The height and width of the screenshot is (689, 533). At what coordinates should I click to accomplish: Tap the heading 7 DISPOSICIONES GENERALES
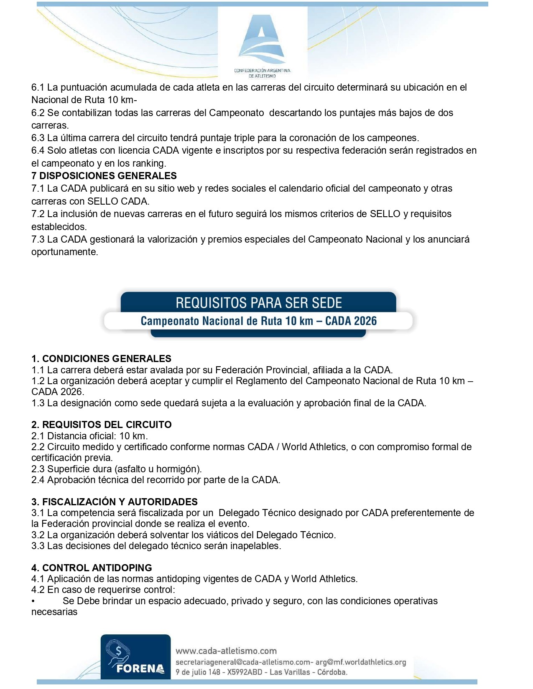(x=104, y=176)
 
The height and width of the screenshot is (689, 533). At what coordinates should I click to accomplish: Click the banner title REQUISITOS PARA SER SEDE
(x=259, y=303)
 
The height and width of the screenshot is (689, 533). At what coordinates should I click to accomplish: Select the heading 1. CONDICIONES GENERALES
(x=101, y=359)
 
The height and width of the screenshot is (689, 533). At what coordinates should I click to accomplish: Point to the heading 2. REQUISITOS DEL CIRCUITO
(x=101, y=425)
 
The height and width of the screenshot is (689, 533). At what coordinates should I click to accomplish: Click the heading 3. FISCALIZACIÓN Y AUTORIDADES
(x=114, y=502)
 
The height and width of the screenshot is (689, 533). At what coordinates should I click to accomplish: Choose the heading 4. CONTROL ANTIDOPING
(x=92, y=568)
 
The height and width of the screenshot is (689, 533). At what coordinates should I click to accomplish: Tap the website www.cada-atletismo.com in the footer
(x=226, y=651)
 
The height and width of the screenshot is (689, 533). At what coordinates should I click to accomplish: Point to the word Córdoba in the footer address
(x=332, y=672)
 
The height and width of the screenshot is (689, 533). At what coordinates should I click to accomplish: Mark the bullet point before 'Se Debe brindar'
(x=33, y=601)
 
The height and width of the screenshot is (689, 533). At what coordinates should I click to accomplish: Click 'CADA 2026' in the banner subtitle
(x=351, y=321)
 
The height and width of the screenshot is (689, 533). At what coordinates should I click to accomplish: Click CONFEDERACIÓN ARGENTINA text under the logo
(x=262, y=71)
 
